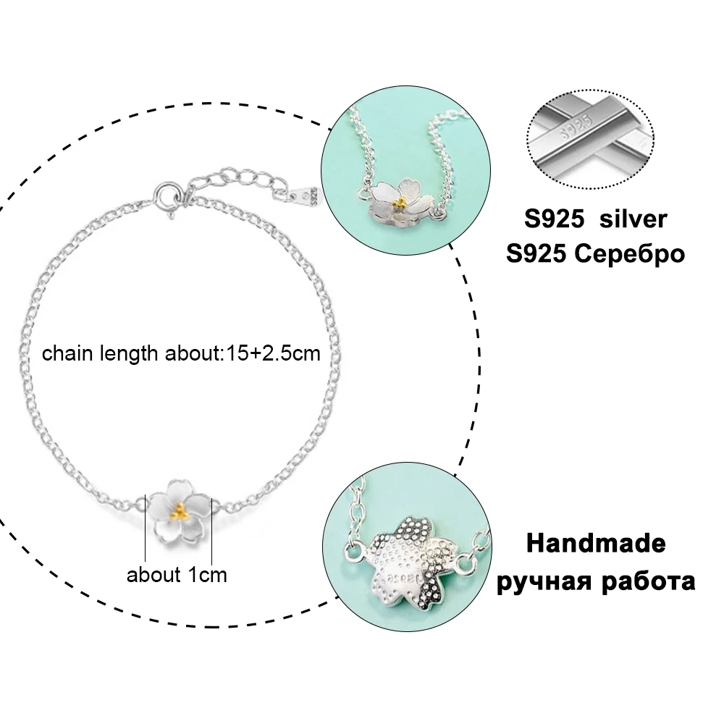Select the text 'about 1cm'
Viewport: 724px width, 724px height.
point(177,575)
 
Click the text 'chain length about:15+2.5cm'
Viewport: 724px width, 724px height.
point(181,354)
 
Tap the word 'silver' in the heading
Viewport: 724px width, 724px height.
point(631,219)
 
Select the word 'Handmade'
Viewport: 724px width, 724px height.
point(596,543)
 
